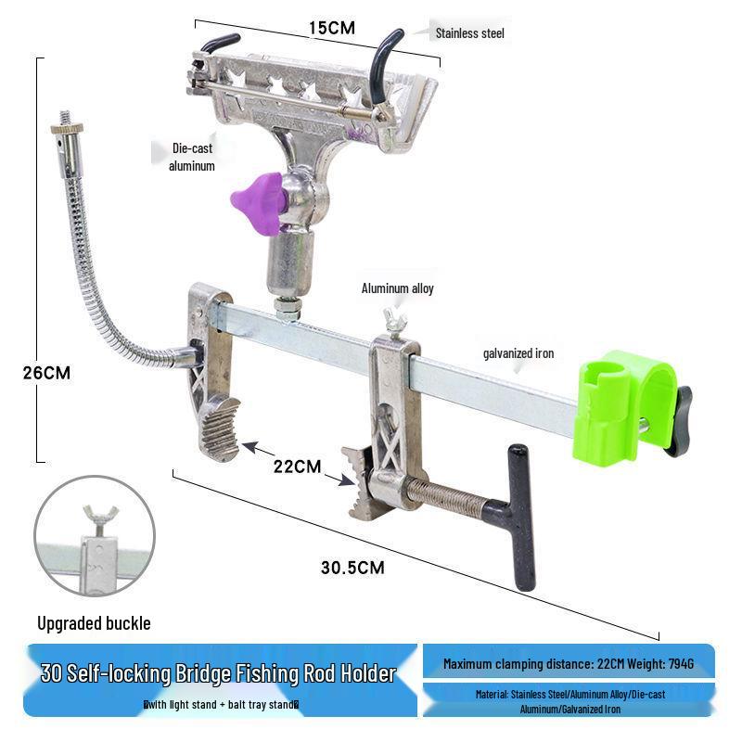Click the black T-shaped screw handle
click(517, 515)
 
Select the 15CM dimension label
click(331, 28)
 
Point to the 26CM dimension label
click(46, 373)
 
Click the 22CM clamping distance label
click(296, 466)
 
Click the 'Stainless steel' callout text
click(470, 33)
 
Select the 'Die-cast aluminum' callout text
click(192, 157)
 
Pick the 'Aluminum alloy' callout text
click(397, 288)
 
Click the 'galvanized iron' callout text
click(518, 353)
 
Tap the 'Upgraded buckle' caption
click(93, 623)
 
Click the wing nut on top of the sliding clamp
click(388, 326)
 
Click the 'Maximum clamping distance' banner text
click(568, 663)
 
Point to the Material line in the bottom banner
click(568, 700)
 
